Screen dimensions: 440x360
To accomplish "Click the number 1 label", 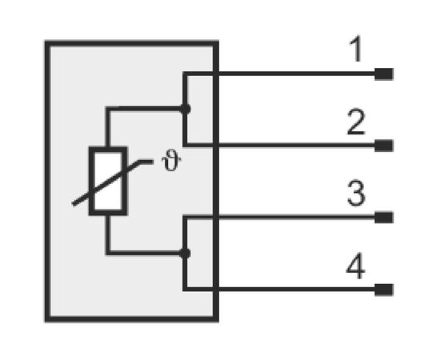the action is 357,49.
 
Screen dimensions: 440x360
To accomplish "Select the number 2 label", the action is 356,122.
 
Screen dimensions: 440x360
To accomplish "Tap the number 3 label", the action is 356,193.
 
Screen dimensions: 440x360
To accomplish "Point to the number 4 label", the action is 355,266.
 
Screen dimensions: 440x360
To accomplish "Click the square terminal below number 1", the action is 384,74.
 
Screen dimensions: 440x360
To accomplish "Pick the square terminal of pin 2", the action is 384,146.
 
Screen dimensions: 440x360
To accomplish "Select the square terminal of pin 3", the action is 384,218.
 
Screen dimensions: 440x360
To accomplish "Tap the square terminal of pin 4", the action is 384,290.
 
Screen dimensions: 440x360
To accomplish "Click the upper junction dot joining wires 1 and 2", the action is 185,109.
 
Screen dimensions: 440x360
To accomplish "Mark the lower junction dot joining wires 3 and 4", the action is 185,254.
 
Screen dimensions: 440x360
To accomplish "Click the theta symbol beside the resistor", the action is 170,160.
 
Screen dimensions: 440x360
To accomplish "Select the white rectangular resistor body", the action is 108,181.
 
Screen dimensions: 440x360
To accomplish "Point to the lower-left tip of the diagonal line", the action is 73,204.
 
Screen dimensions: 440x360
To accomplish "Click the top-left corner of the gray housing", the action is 46,41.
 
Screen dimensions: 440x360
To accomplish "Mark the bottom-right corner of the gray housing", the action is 218,322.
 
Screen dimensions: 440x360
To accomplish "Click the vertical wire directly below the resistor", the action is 108,234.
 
